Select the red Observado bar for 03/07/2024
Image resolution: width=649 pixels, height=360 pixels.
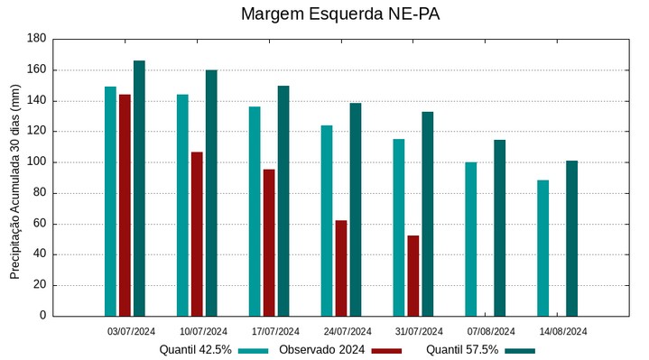125,205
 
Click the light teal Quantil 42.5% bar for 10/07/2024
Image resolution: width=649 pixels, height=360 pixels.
182,205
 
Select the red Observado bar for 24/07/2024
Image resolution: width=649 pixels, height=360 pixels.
341,268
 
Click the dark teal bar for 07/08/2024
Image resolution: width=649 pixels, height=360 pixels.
499,227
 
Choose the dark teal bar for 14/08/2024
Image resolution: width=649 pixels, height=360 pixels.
571,238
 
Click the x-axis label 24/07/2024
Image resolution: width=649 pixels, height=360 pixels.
347,331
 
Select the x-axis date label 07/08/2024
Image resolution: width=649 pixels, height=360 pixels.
491,331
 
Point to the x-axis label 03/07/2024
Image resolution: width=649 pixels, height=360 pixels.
131,331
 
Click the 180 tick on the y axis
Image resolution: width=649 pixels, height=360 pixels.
36,39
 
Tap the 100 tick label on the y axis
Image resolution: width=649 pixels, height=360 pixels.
36,162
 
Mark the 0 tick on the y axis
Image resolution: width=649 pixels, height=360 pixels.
42,316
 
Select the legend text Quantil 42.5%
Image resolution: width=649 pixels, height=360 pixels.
196,350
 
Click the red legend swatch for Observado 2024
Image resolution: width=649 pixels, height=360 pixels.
386,351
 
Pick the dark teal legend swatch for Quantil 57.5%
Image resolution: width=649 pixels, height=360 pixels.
520,351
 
